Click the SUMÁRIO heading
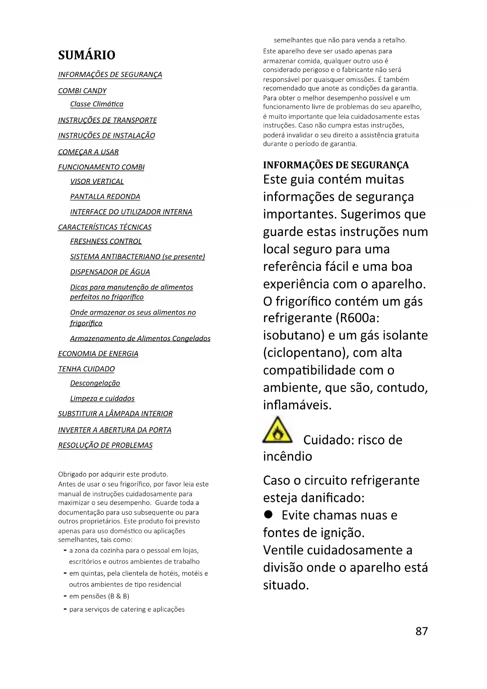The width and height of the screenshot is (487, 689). pyautogui.click(x=87, y=55)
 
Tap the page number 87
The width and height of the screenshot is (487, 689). pyautogui.click(x=421, y=631)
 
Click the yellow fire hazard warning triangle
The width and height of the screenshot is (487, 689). pyautogui.click(x=277, y=431)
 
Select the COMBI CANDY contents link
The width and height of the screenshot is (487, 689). pyautogui.click(x=82, y=91)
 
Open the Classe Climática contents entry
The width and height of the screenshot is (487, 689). pyautogui.click(x=97, y=104)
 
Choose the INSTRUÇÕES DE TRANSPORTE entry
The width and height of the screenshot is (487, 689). pyautogui.click(x=107, y=120)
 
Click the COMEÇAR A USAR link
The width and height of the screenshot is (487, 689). pyautogui.click(x=88, y=152)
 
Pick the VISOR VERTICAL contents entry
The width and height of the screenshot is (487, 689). pyautogui.click(x=97, y=181)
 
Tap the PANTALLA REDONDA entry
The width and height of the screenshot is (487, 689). pyautogui.click(x=105, y=197)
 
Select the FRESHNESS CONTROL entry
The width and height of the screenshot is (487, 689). pyautogui.click(x=106, y=242)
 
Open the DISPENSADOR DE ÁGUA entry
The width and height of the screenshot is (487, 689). pyautogui.click(x=110, y=272)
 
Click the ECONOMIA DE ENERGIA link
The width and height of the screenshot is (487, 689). pyautogui.click(x=98, y=354)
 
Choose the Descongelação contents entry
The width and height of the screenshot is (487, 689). pyautogui.click(x=95, y=383)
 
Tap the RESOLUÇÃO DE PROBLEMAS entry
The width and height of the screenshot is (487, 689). pyautogui.click(x=105, y=445)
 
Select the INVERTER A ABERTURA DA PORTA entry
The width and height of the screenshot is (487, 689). pyautogui.click(x=115, y=430)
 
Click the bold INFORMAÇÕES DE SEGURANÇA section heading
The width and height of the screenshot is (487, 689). pyautogui.click(x=336, y=165)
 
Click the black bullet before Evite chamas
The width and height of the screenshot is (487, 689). pyautogui.click(x=268, y=515)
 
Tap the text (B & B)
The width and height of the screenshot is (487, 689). pyautogui.click(x=118, y=596)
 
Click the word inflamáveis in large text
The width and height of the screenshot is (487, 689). pyautogui.click(x=297, y=405)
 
